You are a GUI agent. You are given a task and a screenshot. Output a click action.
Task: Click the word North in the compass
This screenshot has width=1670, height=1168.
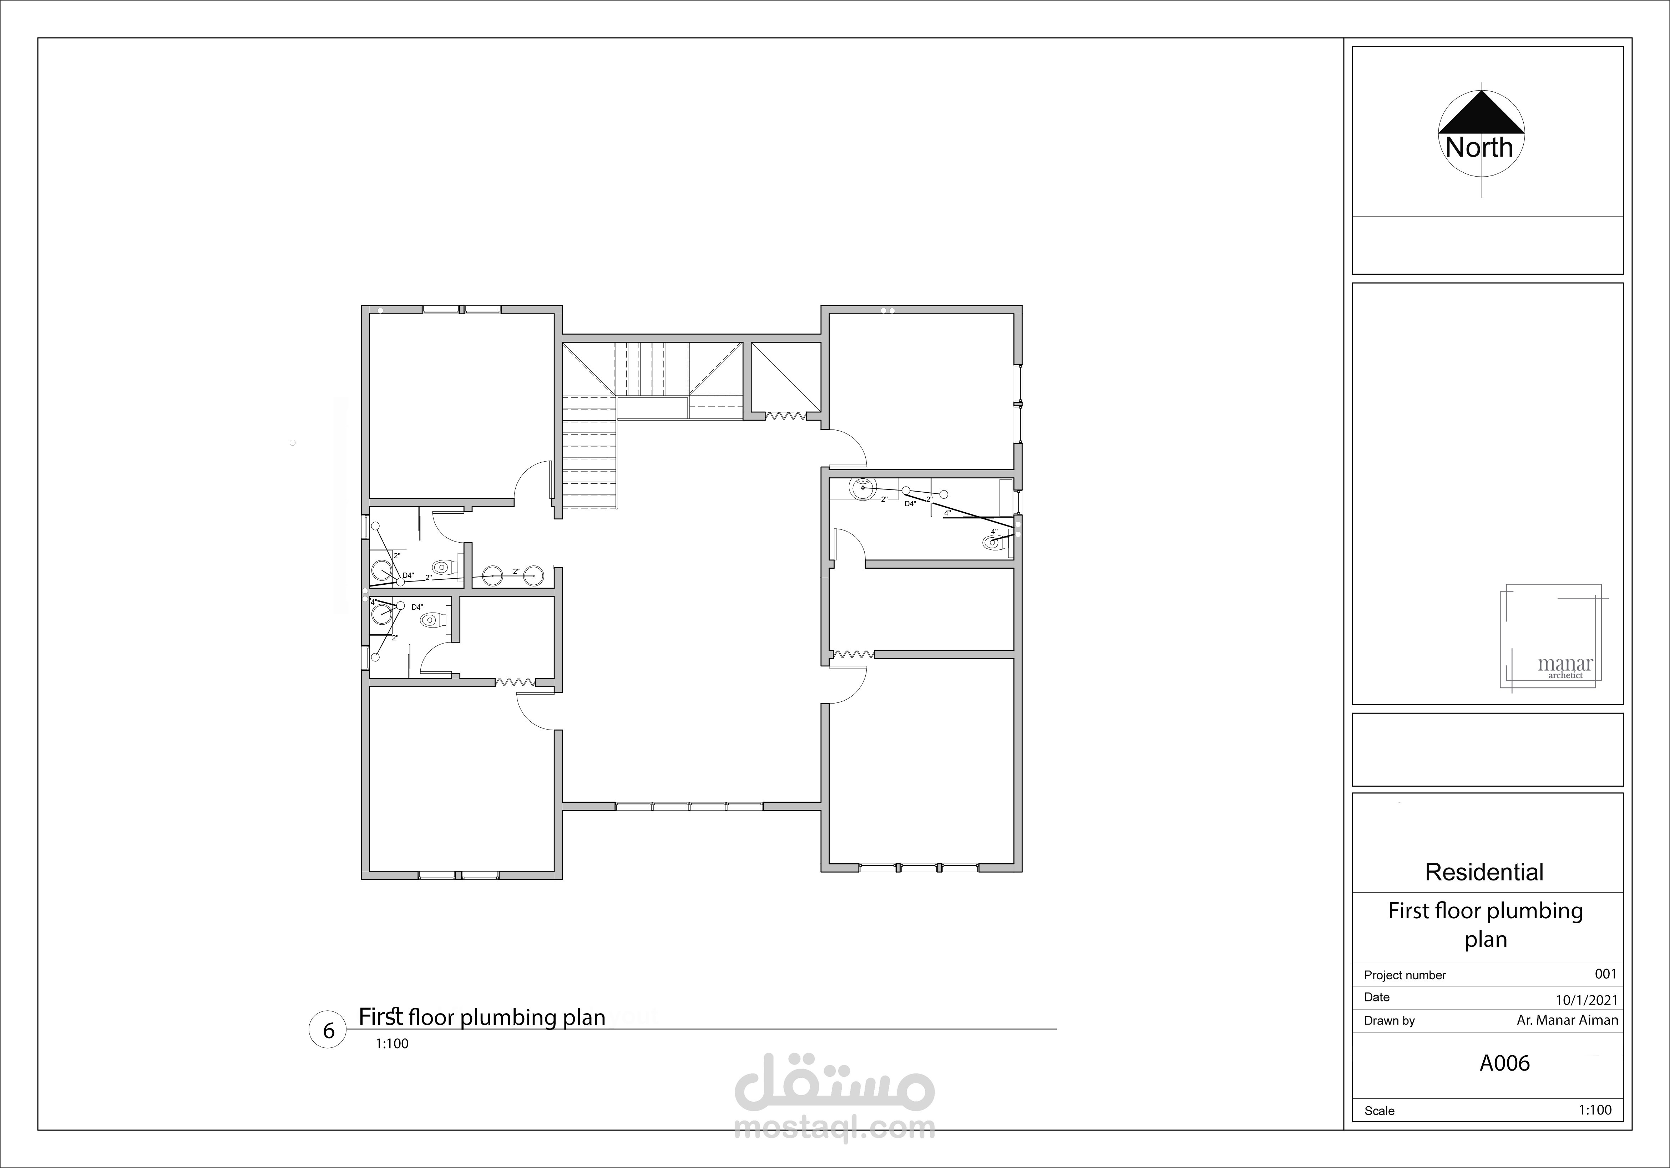[x=1479, y=148]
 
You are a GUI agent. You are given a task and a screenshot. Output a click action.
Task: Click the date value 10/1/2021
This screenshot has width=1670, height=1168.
[x=1587, y=1000]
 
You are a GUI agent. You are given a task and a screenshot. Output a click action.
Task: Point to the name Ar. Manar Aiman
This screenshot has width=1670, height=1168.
[x=1568, y=1020]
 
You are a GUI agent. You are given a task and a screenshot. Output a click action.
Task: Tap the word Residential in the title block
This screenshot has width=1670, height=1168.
[x=1484, y=872]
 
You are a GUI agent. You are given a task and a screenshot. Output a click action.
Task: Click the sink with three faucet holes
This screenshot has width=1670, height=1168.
[x=863, y=487]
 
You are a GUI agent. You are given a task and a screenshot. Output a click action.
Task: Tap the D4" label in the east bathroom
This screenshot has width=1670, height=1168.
[x=910, y=503]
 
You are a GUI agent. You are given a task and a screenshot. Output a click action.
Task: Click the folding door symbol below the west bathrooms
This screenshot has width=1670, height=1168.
[x=516, y=683]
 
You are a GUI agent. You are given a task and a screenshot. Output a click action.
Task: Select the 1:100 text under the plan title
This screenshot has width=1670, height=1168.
[x=392, y=1043]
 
